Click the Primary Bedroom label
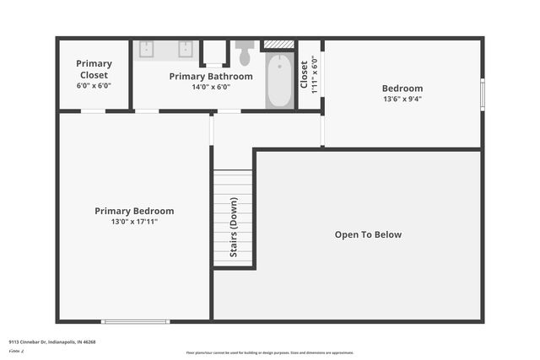pyautogui.click(x=134, y=211)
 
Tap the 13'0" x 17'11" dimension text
pyautogui.click(x=134, y=222)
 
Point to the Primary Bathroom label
pyautogui.click(x=211, y=76)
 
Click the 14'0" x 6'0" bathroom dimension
pyautogui.click(x=211, y=87)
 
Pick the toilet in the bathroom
pyautogui.click(x=245, y=54)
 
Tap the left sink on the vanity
pyautogui.click(x=145, y=49)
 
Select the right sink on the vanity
pyautogui.click(x=185, y=49)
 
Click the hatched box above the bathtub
pyautogui.click(x=279, y=45)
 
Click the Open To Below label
pyautogui.click(x=368, y=234)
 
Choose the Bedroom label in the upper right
pyautogui.click(x=402, y=88)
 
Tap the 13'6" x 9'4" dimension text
pyautogui.click(x=402, y=99)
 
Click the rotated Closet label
pyautogui.click(x=305, y=73)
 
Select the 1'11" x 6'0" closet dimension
pyautogui.click(x=314, y=73)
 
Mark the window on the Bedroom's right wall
pyautogui.click(x=483, y=94)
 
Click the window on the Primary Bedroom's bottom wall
pyautogui.click(x=135, y=321)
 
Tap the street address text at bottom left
pyautogui.click(x=52, y=342)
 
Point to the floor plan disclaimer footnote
pyautogui.click(x=270, y=352)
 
